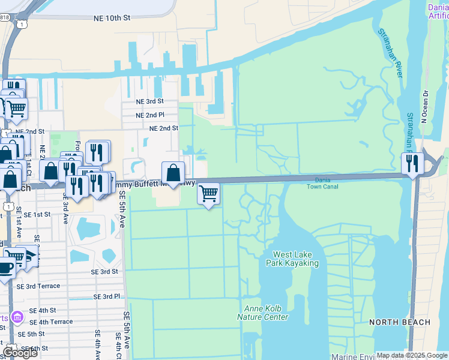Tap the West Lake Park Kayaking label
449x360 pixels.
click(x=295, y=259)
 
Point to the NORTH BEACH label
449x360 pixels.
click(x=400, y=322)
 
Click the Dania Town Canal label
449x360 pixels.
click(x=327, y=183)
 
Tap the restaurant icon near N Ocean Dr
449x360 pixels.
click(x=412, y=163)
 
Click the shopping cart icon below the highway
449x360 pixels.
click(x=208, y=194)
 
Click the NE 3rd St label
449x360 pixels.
click(x=149, y=102)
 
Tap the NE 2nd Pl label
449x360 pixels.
click(x=149, y=115)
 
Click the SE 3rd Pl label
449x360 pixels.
click(x=107, y=296)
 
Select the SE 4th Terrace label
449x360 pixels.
click(x=52, y=322)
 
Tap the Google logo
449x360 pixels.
click(x=20, y=353)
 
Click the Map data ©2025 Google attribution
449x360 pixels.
click(x=412, y=355)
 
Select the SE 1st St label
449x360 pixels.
click(x=37, y=214)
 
